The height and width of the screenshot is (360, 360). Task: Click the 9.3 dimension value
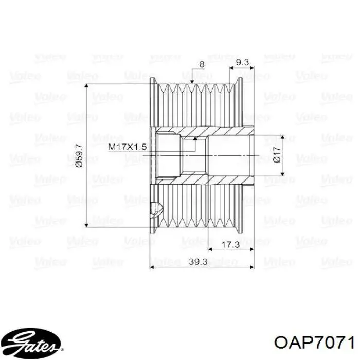pos(242,62)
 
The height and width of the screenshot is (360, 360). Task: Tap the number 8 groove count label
pos(202,64)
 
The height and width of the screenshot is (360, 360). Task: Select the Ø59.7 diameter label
pos(79,155)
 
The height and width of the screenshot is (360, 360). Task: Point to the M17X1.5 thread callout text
pos(127,147)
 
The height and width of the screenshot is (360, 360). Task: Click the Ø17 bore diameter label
pos(277,155)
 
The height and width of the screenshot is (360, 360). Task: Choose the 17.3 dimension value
pos(230,245)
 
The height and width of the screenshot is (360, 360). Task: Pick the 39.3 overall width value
pos(198,262)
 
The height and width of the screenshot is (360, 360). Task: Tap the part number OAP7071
pos(314,343)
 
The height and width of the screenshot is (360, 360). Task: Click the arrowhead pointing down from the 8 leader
pos(192,81)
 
